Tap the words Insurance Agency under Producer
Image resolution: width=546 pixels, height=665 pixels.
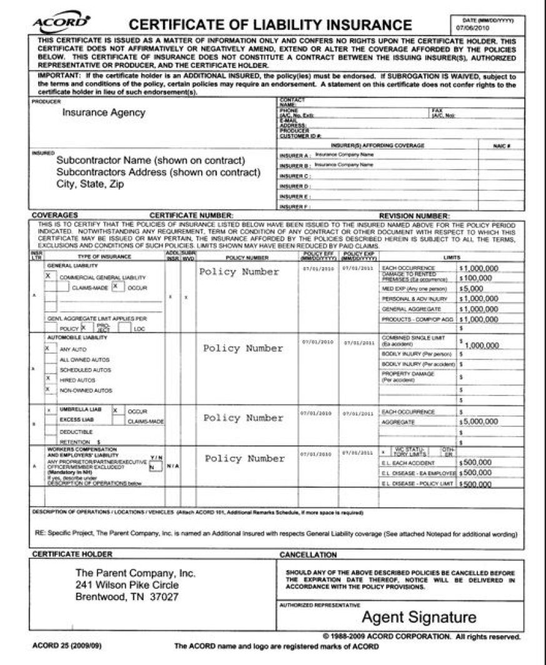(x=104, y=113)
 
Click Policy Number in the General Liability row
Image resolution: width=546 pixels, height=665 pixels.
(x=239, y=272)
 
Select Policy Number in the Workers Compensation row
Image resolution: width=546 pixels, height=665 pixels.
(x=244, y=459)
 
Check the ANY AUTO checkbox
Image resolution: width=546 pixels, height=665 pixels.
(x=48, y=349)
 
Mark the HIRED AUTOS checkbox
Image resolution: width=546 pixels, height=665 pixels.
(x=48, y=379)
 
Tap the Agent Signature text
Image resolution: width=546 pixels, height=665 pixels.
(x=419, y=618)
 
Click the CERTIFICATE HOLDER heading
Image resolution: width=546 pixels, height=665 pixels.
(x=72, y=554)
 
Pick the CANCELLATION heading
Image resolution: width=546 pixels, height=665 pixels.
(x=308, y=555)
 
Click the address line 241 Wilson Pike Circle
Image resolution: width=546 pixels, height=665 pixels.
(x=127, y=585)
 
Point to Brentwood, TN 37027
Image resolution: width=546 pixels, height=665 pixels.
(x=127, y=597)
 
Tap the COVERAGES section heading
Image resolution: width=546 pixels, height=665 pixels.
(x=55, y=215)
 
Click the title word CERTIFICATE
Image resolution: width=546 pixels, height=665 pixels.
(x=186, y=26)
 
